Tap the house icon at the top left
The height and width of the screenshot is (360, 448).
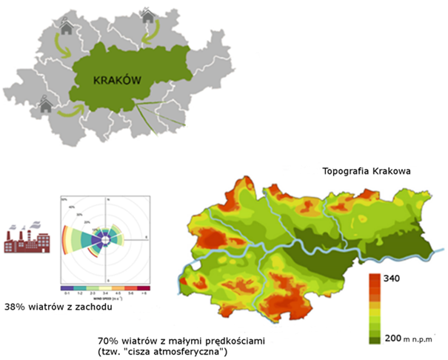pos(67,27)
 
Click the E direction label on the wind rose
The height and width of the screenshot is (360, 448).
pos(146,237)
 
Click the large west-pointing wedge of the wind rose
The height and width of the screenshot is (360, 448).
pos(83,239)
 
